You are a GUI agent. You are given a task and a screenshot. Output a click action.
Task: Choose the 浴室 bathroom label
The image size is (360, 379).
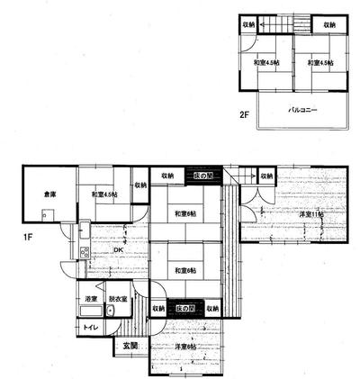click(91, 298)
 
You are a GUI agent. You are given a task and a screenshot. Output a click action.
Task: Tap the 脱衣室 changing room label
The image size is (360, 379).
click(116, 298)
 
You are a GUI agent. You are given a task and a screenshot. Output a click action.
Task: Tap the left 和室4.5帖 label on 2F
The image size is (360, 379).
click(266, 62)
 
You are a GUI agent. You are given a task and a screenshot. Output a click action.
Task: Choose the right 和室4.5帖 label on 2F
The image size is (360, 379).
click(319, 62)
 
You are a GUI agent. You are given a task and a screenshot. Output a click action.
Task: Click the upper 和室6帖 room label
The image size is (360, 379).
click(186, 213)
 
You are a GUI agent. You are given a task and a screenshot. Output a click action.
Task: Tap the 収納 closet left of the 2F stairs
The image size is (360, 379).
click(251, 24)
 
